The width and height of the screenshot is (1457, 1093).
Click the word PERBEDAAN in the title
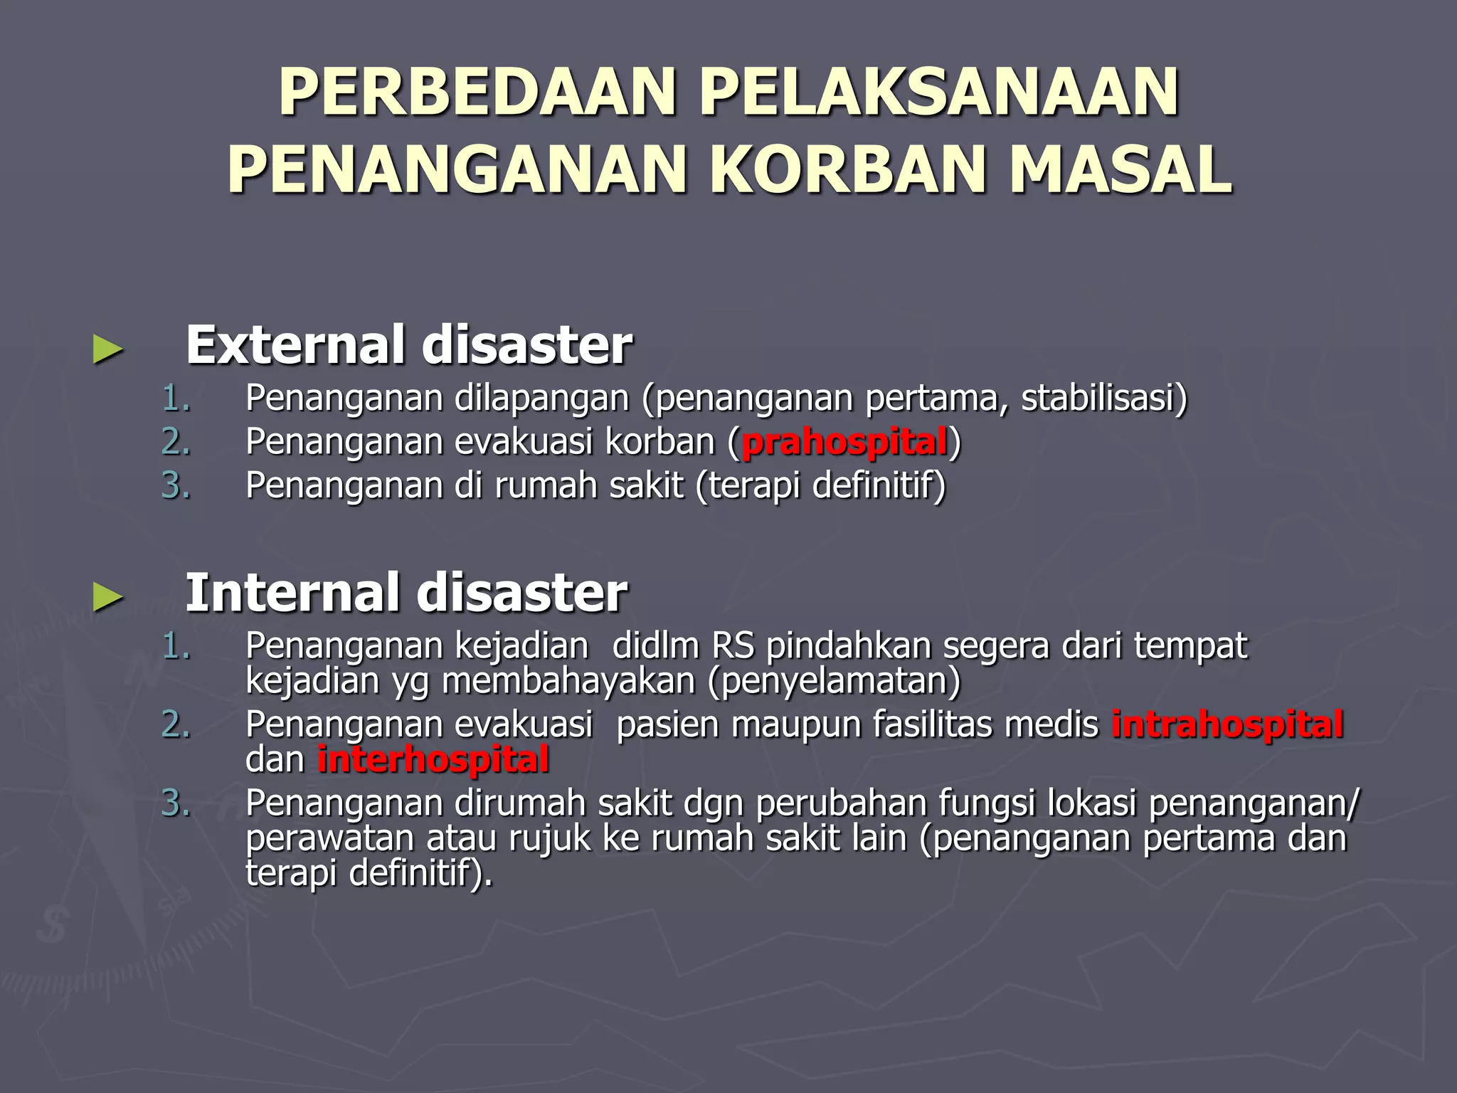tap(477, 93)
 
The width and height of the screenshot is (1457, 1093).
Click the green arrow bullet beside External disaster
tap(107, 350)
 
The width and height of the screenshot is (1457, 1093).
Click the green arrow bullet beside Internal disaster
tap(107, 598)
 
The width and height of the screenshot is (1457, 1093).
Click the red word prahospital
tap(844, 442)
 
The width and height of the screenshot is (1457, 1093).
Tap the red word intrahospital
tap(1227, 724)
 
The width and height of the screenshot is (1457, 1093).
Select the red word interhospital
tap(433, 759)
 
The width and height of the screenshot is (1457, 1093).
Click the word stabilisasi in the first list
tap(1099, 398)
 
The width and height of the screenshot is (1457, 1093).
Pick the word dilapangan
tap(541, 398)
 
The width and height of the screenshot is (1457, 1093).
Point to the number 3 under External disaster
tap(175, 486)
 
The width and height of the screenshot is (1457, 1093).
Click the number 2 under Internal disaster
tap(175, 724)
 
